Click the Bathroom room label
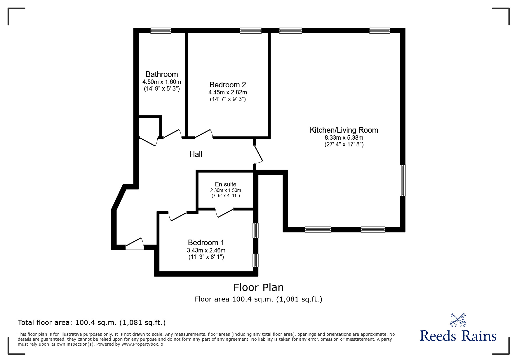pyautogui.click(x=162, y=74)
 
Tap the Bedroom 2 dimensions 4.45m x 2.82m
pyautogui.click(x=227, y=92)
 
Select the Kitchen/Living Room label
pyautogui.click(x=344, y=130)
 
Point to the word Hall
pyautogui.click(x=196, y=154)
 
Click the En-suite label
pyautogui.click(x=225, y=184)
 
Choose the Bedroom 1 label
pyautogui.click(x=206, y=243)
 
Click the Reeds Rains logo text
pyautogui.click(x=458, y=336)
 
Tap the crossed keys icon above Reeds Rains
pyautogui.click(x=458, y=320)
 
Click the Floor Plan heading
pyautogui.click(x=258, y=287)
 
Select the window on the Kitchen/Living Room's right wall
pyautogui.click(x=402, y=180)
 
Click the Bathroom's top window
pyautogui.click(x=161, y=31)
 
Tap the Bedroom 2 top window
pyautogui.click(x=250, y=31)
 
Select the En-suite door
pyautogui.click(x=224, y=213)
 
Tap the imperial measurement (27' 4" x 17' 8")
pyautogui.click(x=344, y=144)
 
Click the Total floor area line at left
pyautogui.click(x=92, y=323)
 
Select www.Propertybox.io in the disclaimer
pyautogui.click(x=142, y=344)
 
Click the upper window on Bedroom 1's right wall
pyautogui.click(x=255, y=231)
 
